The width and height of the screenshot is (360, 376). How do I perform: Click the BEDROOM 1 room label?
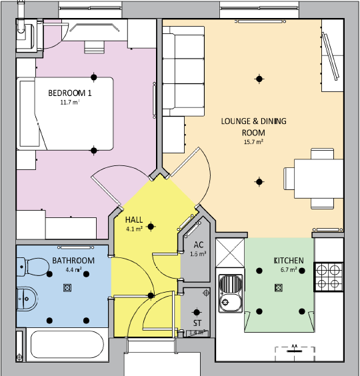coord(69,93)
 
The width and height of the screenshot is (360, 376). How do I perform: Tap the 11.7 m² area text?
coord(69,103)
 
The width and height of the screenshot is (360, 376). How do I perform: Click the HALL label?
coord(134,219)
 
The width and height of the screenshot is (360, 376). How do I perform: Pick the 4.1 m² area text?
coord(134,229)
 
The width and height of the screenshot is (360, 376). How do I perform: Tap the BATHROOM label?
coord(73,261)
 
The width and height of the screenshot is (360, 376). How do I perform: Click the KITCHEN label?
coord(289,260)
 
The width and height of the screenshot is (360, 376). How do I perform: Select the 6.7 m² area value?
coord(289,270)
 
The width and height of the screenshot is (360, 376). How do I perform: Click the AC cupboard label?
coord(199,245)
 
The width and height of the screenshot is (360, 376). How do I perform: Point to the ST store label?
coord(196,323)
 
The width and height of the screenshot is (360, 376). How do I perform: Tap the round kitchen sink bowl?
coord(231,302)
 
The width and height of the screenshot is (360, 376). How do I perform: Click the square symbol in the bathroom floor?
coord(67,288)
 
